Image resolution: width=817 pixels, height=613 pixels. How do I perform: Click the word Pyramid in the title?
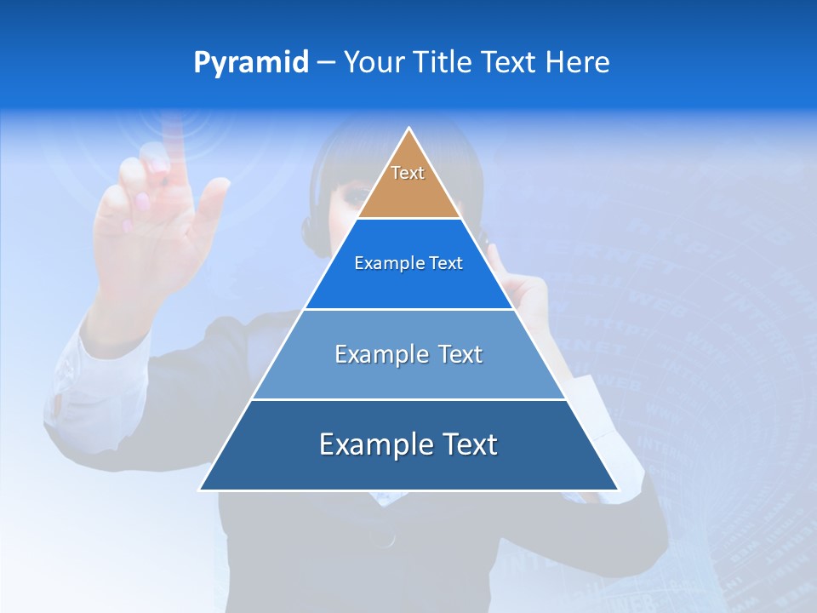[251, 63]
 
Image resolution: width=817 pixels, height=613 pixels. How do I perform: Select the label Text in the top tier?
[408, 173]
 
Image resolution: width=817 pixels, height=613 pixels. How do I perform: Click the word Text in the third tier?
[460, 354]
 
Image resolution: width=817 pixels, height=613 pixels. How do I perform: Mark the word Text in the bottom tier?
[470, 444]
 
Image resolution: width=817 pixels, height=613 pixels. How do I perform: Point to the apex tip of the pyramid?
[409, 129]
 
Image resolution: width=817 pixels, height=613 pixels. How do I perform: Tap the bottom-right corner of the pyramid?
[617, 490]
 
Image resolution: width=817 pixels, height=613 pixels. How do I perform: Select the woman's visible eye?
[352, 196]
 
